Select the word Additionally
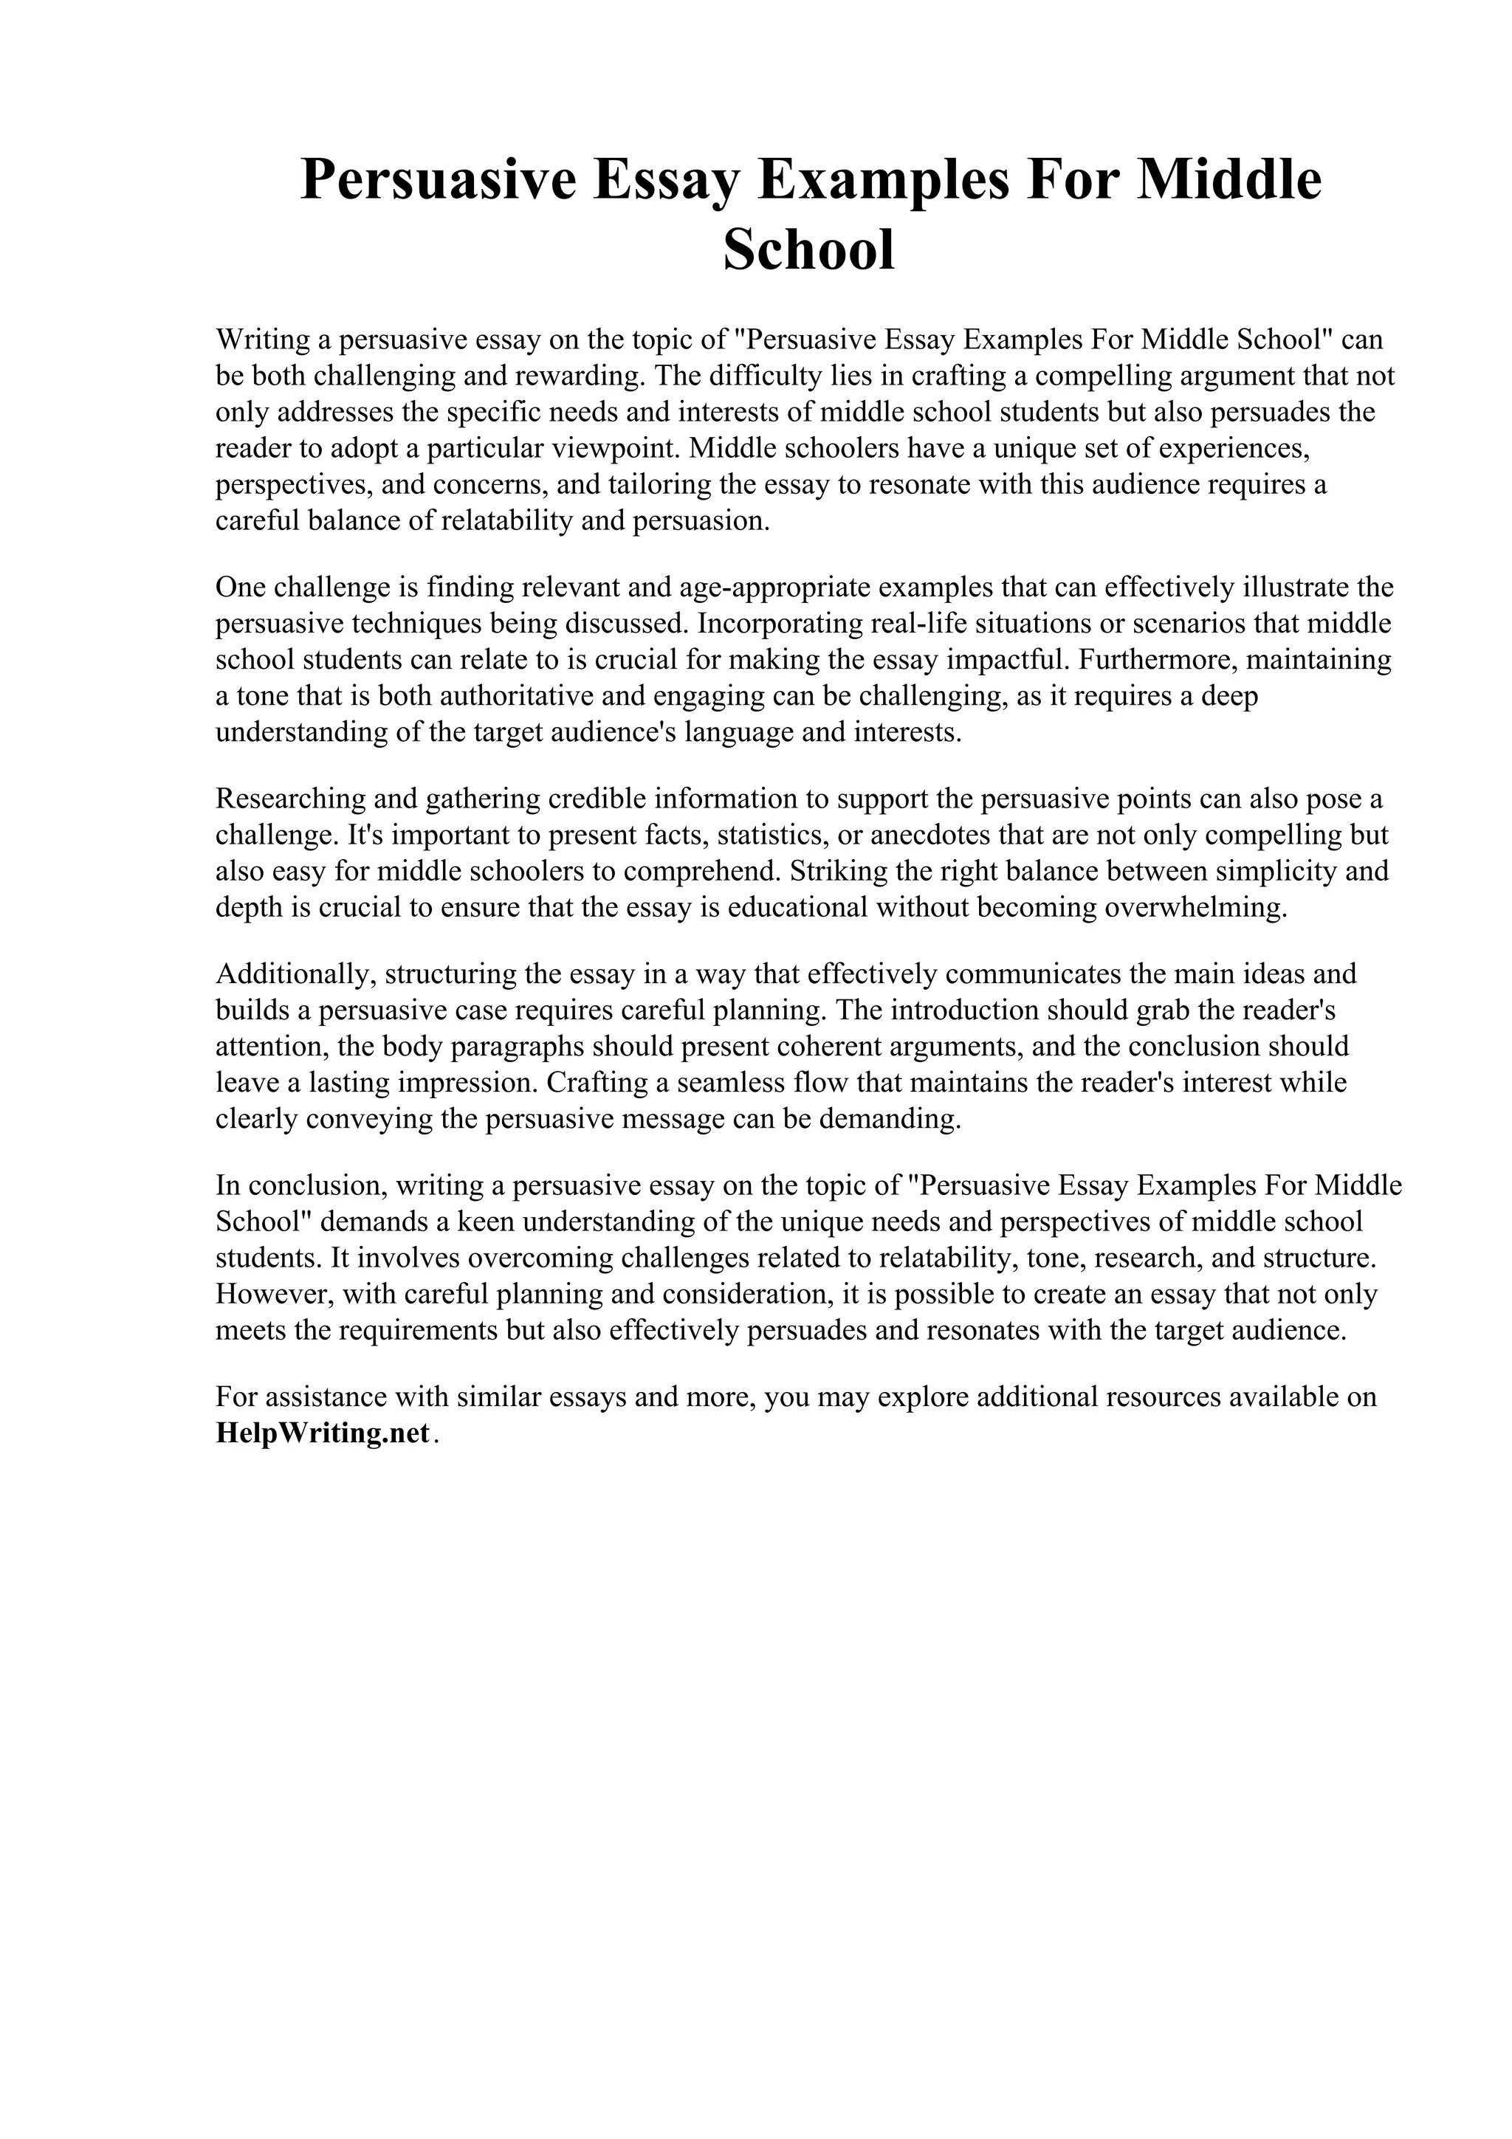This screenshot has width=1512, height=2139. [x=295, y=974]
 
